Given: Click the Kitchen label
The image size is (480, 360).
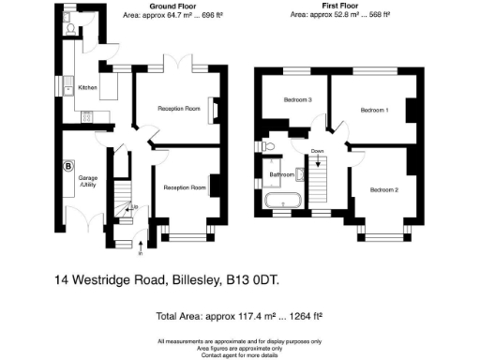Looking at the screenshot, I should point(87,88).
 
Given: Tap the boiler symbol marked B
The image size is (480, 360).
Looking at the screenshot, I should point(67,167).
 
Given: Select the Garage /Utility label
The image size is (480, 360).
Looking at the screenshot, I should point(89,181).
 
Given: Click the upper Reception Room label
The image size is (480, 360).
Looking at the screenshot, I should point(180,109).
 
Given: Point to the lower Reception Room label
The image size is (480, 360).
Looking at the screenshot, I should point(185,187).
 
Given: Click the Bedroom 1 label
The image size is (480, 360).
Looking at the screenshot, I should point(374,110).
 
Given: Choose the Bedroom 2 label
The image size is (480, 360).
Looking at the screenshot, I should point(383,190).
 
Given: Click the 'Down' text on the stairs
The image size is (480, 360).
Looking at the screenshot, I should point(318,151).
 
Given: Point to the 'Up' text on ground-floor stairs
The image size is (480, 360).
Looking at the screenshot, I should point(134,206).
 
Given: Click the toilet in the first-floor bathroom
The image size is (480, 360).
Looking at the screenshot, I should point(267,147).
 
